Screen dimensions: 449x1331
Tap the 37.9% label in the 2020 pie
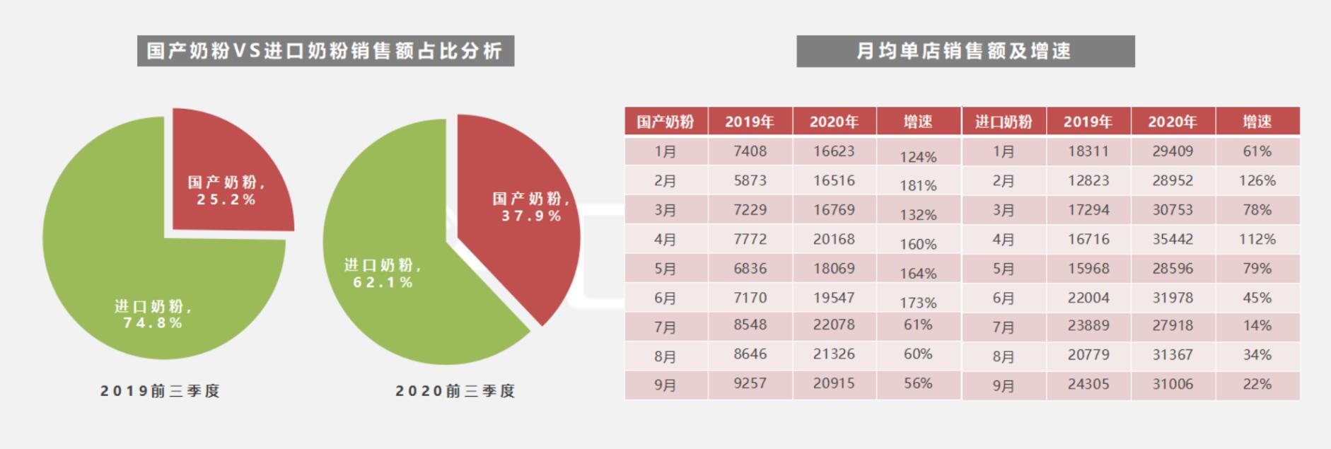531,216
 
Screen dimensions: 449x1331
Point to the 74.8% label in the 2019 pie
153,323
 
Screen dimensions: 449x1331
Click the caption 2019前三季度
161,391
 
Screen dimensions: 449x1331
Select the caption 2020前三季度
455,391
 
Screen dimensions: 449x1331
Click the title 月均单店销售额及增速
965,51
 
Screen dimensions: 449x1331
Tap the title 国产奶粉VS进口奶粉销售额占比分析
325,51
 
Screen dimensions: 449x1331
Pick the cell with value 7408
750,151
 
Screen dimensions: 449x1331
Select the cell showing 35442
1173,239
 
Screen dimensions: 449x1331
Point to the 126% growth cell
1257,181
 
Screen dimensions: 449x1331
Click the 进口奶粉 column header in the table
1004,122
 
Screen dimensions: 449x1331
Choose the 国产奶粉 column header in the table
665,122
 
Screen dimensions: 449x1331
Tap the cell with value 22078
834,325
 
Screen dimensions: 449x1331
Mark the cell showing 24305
1088,385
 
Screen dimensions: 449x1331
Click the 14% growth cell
1257,326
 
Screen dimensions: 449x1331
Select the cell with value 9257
750,384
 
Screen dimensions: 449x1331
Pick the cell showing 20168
834,240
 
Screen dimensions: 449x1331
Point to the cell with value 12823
1088,181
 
